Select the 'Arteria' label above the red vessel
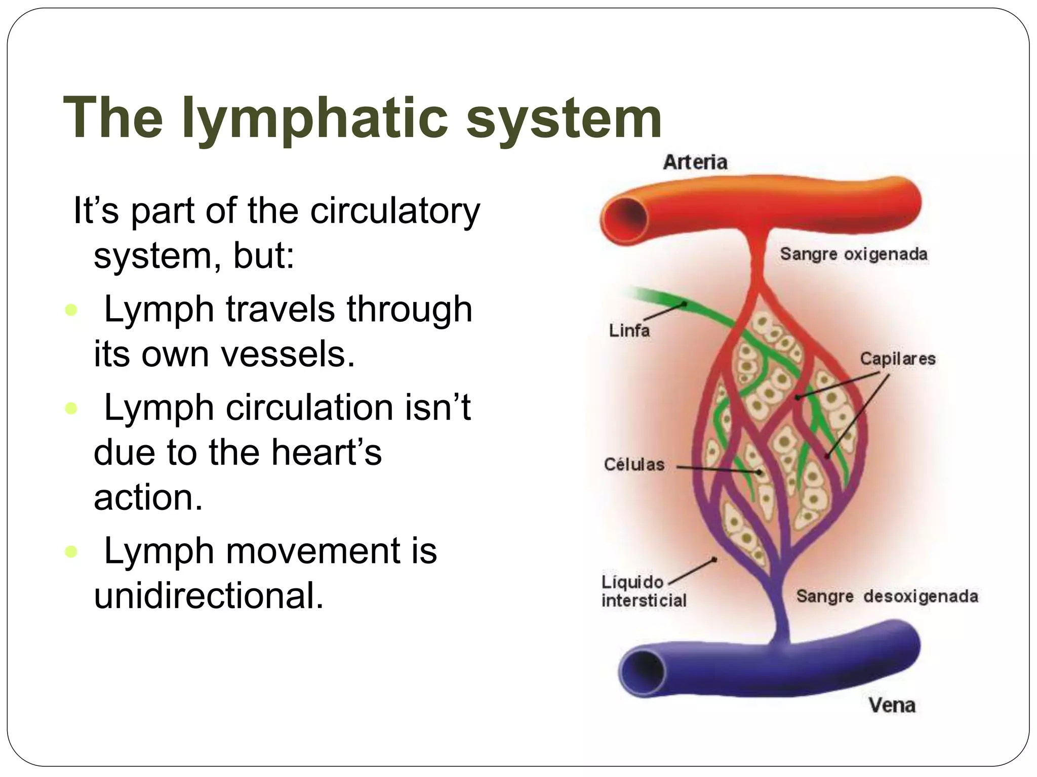[695, 162]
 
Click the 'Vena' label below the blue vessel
[892, 705]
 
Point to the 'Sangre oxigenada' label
[853, 254]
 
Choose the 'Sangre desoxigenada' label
[887, 596]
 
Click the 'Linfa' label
[629, 331]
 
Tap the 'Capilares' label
[897, 359]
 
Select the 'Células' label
[634, 464]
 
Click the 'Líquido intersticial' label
[643, 591]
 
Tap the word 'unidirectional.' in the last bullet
[209, 595]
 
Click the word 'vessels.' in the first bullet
[289, 354]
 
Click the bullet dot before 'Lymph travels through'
[71, 310]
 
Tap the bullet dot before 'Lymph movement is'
[71, 551]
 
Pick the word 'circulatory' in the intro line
[394, 210]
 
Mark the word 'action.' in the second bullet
[148, 497]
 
